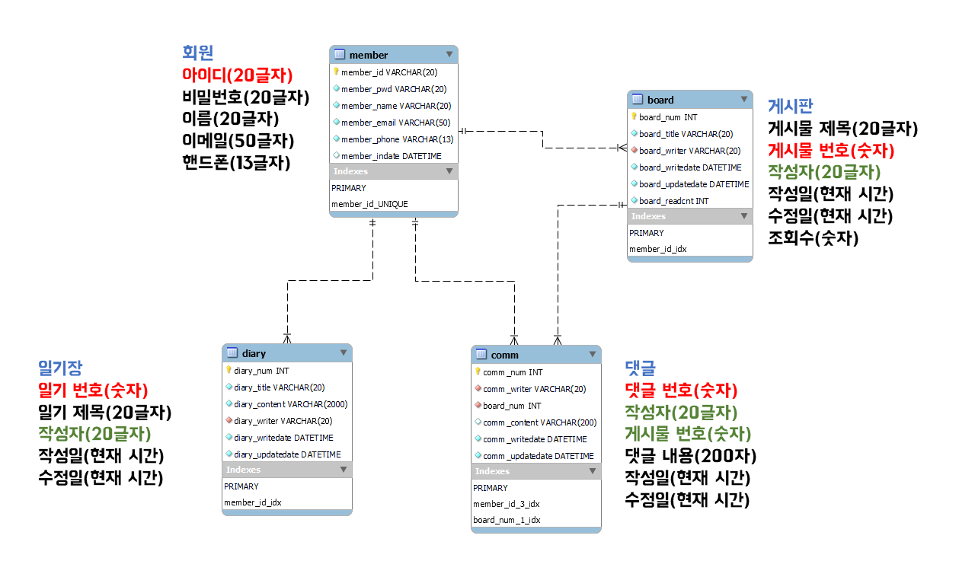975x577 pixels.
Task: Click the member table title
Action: coord(369,55)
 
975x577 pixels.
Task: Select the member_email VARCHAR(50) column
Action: coord(395,123)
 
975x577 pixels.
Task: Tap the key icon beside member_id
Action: coord(336,72)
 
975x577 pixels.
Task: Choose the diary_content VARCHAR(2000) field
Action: coord(290,404)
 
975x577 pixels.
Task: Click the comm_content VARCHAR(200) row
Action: coord(539,422)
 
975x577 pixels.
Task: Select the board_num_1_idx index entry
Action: coord(507,520)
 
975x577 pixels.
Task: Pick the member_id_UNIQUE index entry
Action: coord(369,204)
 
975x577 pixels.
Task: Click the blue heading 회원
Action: coord(197,53)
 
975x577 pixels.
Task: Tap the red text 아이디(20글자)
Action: coord(238,75)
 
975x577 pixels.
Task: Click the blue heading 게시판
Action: coord(790,105)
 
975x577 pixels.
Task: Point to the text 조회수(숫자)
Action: coord(813,238)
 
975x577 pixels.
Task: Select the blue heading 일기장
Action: coord(60,368)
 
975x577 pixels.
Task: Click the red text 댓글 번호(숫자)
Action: coord(681,391)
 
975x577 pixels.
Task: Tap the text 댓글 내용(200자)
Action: coord(690,456)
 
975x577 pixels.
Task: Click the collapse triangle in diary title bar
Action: coord(344,352)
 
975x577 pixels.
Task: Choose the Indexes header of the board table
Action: coord(648,216)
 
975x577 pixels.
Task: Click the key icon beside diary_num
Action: coord(229,370)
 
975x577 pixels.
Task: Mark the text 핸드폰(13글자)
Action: coord(236,162)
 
